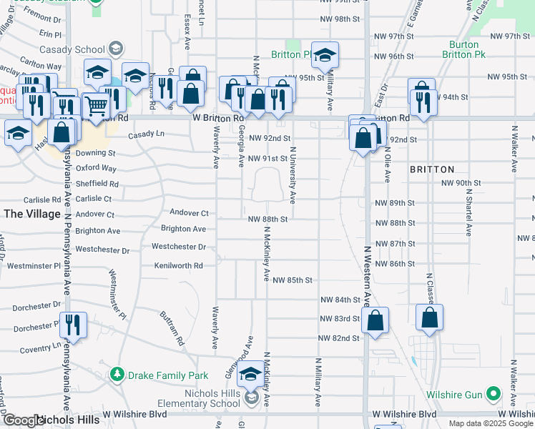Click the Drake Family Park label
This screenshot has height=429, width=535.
click(167, 375)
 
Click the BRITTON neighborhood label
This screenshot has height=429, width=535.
click(432, 169)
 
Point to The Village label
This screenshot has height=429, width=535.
click(31, 213)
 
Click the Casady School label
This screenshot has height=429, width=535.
click(80, 49)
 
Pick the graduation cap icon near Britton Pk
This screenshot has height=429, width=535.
click(325, 55)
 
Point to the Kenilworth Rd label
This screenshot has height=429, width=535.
click(178, 265)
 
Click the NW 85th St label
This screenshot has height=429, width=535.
click(293, 280)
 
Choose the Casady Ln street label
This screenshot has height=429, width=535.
click(147, 134)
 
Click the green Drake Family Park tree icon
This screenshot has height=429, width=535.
click(117, 375)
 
